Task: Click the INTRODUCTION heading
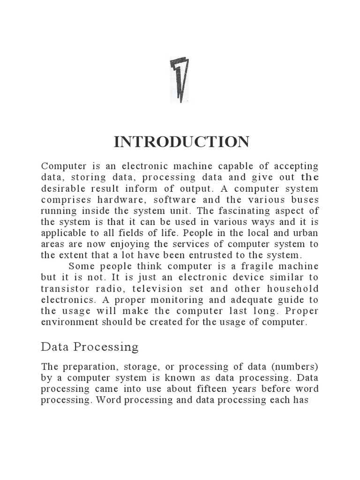(181, 142)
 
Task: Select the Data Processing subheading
(90, 347)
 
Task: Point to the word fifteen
(206, 390)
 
